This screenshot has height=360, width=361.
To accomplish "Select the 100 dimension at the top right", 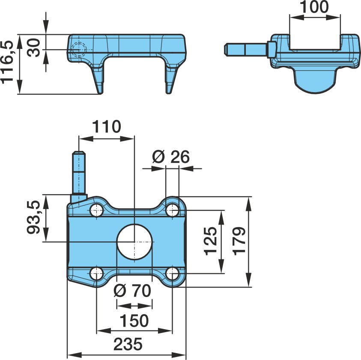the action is (315, 7).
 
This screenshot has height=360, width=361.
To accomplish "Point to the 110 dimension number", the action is (106, 126).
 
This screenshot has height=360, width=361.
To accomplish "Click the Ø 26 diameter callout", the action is (171, 157).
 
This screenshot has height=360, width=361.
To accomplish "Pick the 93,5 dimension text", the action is (33, 217).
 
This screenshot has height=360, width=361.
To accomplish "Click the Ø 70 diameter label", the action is (133, 291).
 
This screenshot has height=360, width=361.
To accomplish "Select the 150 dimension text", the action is (134, 321).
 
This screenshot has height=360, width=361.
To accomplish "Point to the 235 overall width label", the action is (128, 344).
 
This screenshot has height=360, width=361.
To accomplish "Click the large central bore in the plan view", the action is (134, 242).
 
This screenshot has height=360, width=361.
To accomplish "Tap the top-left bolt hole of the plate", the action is (97, 210).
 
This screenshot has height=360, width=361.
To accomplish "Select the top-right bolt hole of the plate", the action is (173, 210).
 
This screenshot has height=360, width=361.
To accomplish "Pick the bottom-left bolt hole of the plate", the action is (97, 273).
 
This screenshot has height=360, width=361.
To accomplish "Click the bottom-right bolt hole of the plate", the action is (173, 273).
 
